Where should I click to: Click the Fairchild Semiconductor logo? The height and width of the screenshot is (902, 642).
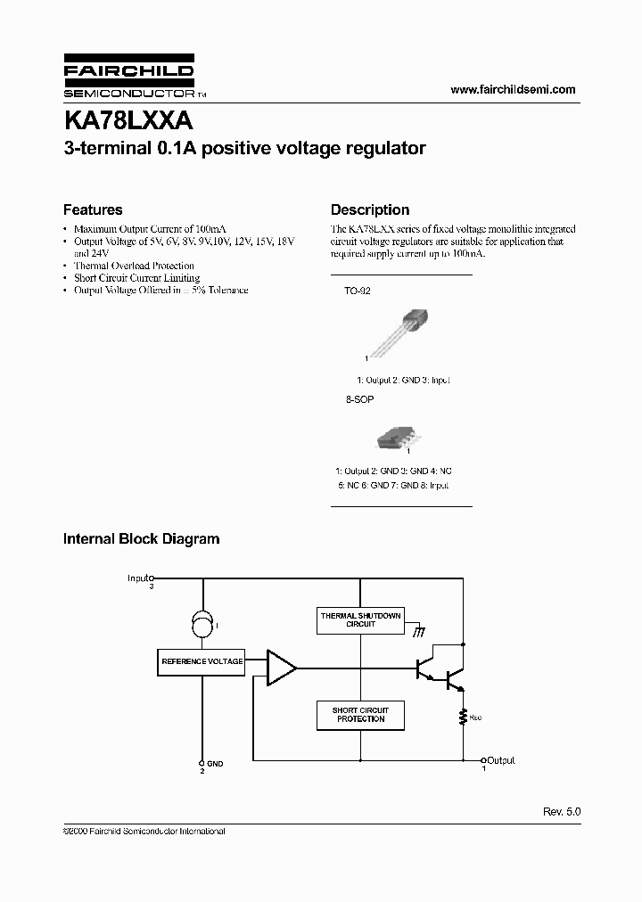click(x=128, y=79)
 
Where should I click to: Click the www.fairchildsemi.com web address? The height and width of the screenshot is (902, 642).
click(x=513, y=89)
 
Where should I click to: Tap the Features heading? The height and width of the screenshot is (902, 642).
click(x=93, y=210)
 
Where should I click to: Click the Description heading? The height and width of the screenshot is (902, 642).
click(x=370, y=210)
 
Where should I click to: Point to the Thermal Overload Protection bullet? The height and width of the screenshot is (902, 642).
click(x=134, y=266)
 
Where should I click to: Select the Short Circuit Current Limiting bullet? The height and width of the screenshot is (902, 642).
click(x=136, y=278)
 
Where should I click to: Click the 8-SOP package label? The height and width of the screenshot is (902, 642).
click(x=358, y=400)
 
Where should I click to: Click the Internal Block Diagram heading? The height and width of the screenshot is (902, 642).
click(x=141, y=539)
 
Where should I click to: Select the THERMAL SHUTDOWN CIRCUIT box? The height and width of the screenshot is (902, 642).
click(x=360, y=620)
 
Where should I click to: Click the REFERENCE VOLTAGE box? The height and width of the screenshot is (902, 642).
click(x=202, y=662)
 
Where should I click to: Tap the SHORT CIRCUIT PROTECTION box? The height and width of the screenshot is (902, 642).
click(x=360, y=715)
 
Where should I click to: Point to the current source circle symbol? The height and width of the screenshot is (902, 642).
click(x=202, y=626)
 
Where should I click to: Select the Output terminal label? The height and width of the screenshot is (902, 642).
click(x=500, y=760)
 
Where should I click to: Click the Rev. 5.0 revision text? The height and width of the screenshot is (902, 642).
click(x=562, y=813)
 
